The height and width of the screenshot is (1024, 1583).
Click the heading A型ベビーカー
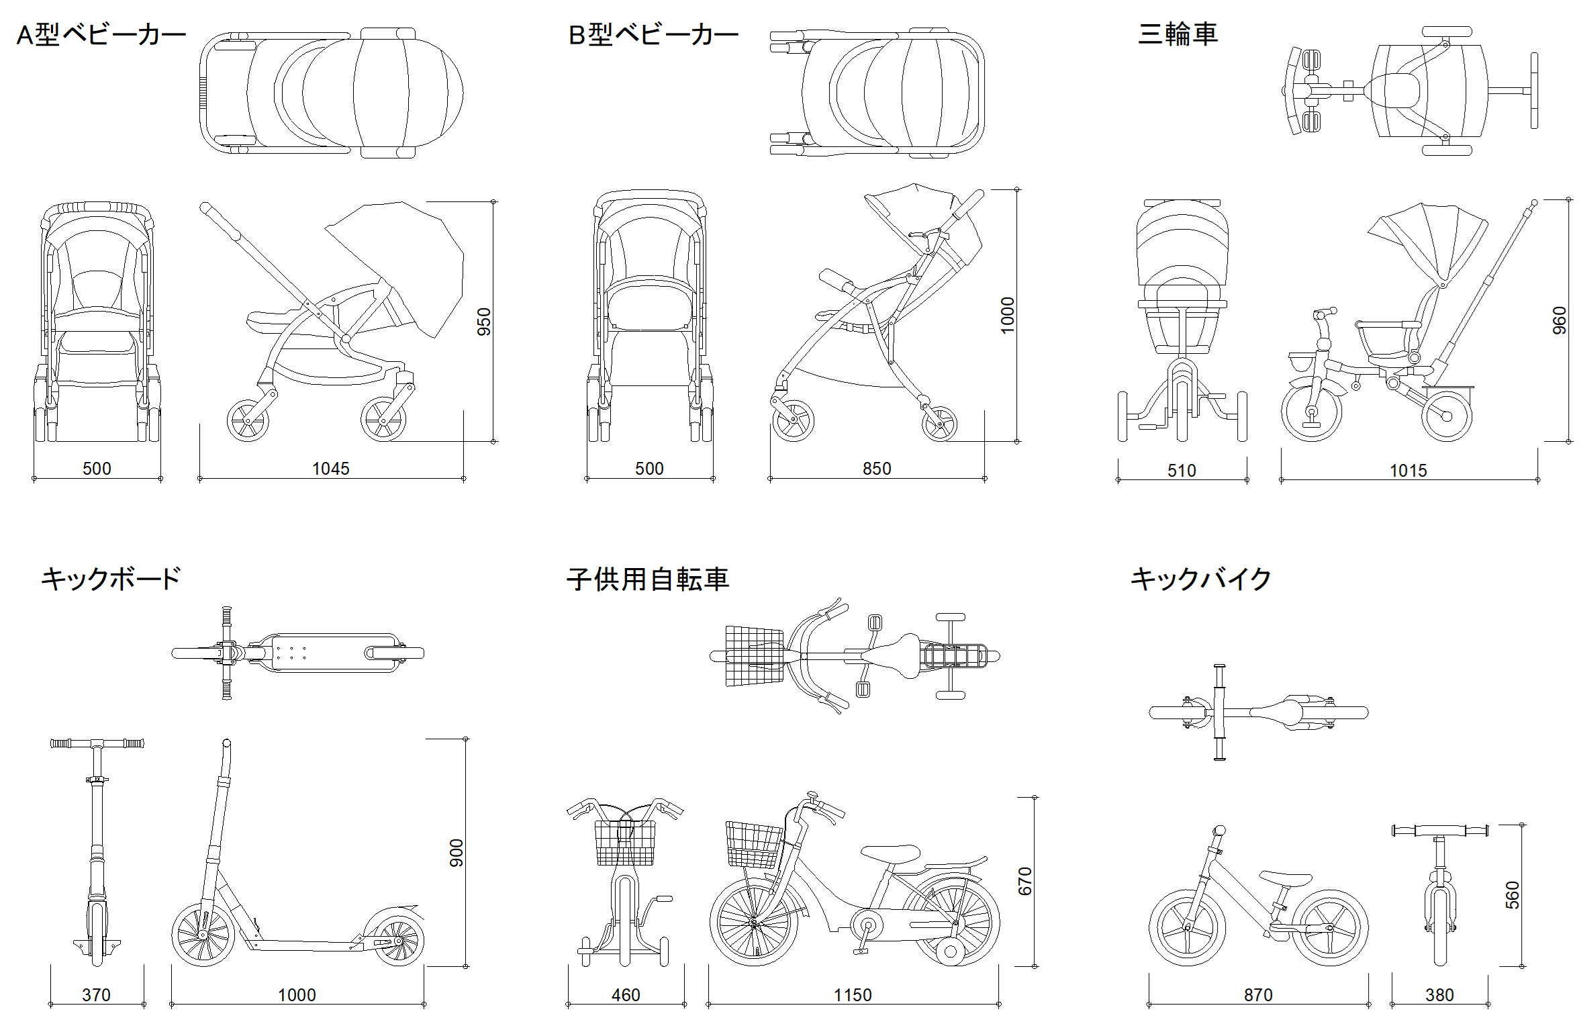click(101, 35)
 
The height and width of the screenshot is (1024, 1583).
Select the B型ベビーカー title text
click(653, 35)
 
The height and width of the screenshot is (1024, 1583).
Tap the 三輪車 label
click(1178, 34)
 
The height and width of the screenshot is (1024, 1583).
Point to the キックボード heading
click(111, 579)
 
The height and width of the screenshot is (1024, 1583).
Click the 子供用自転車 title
click(647, 579)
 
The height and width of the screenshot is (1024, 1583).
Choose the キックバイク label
click(1201, 579)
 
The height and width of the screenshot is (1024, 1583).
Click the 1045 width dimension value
click(331, 469)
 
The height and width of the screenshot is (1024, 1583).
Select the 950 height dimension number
click(483, 322)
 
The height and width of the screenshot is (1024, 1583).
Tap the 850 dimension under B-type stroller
click(877, 469)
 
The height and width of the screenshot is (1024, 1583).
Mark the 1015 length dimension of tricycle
click(1408, 471)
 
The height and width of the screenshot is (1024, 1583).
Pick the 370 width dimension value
click(96, 995)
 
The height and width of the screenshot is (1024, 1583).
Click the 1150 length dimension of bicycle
click(853, 995)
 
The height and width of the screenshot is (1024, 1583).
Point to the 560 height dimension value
click(1512, 895)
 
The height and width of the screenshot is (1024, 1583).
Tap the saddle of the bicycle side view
click(890, 853)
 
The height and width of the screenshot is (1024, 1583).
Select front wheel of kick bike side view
click(1187, 928)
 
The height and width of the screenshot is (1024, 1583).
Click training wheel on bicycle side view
click(949, 951)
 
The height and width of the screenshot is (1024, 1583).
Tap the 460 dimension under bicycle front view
click(626, 995)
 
